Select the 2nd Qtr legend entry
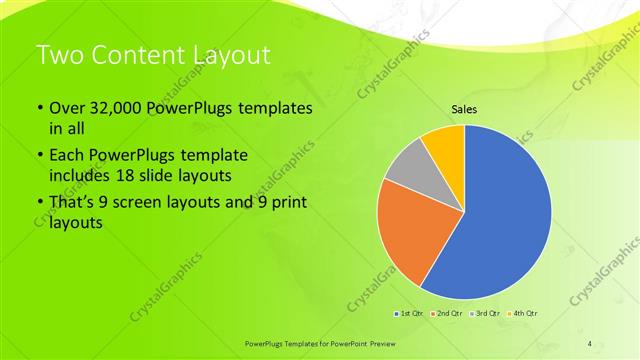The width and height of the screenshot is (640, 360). (x=446, y=313)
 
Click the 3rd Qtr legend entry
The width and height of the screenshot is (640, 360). (x=485, y=313)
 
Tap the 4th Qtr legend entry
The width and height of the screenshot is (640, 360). (x=523, y=313)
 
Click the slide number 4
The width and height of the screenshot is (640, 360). (x=589, y=343)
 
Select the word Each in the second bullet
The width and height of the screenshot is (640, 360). (x=67, y=157)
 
